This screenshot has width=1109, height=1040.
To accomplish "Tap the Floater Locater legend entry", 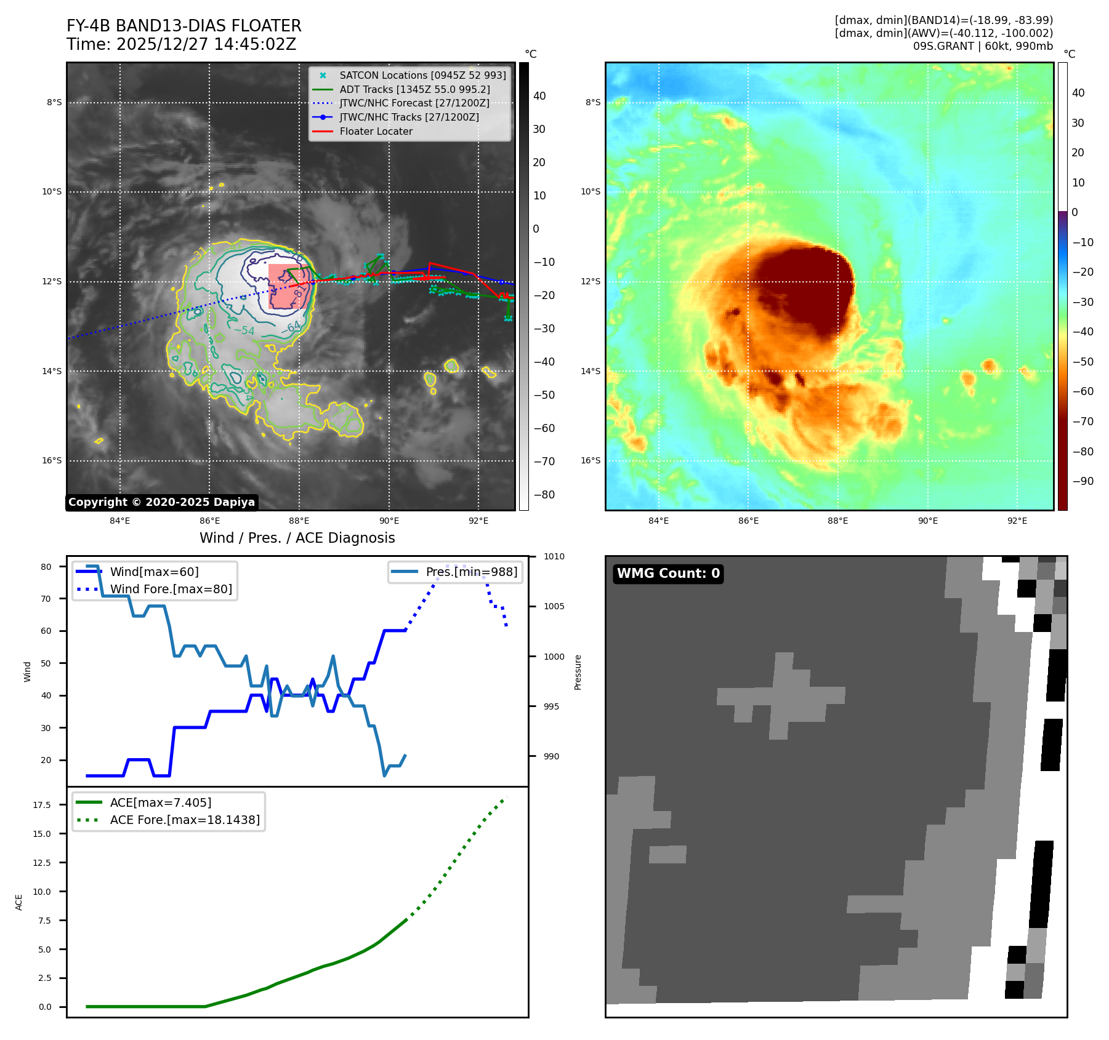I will click(x=376, y=131).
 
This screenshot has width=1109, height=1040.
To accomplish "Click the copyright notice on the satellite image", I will click(x=161, y=502).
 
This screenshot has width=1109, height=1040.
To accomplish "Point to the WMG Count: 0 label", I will click(x=668, y=574).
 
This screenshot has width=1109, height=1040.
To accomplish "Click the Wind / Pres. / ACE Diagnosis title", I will click(x=297, y=538).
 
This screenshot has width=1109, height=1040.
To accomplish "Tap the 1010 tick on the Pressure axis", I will click(x=554, y=557).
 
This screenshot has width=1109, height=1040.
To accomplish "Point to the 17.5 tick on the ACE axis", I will click(x=42, y=805).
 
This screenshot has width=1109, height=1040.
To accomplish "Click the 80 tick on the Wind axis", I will click(x=46, y=567).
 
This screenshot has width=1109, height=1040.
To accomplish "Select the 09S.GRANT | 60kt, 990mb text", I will click(x=983, y=46).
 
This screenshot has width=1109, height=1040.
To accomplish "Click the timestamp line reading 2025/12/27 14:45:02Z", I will click(x=182, y=44).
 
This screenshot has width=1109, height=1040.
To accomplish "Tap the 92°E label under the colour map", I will click(x=1017, y=521).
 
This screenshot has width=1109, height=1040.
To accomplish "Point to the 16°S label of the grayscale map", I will click(x=52, y=460).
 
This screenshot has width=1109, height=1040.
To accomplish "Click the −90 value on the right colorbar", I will click(x=1083, y=481).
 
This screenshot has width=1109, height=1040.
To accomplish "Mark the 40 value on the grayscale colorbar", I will click(x=539, y=95).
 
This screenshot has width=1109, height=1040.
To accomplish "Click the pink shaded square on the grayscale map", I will click(x=288, y=286).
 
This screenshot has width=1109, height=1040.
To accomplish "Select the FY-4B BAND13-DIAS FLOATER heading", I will click(x=184, y=26).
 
